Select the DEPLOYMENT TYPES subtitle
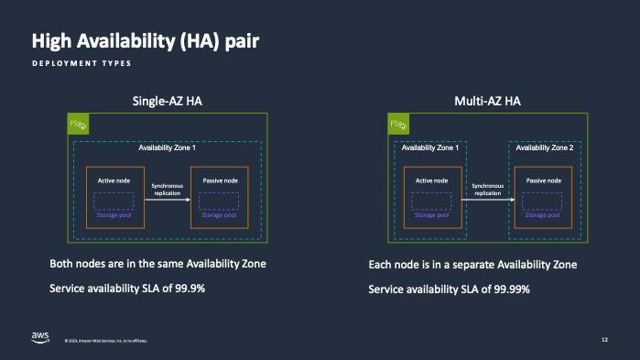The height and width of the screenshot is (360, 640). (81, 64)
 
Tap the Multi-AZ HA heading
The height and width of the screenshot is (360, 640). (486, 101)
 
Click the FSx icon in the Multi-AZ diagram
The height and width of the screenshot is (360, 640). (397, 124)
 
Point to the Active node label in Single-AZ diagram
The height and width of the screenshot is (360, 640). (114, 180)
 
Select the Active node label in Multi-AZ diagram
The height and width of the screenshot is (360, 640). (431, 180)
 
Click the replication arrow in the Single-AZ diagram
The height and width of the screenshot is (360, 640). (167, 199)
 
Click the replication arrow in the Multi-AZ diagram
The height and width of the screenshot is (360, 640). (486, 199)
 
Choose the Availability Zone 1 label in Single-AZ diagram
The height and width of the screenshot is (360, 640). (167, 147)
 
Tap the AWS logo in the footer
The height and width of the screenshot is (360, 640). (40, 337)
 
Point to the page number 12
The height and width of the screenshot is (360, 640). (604, 340)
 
